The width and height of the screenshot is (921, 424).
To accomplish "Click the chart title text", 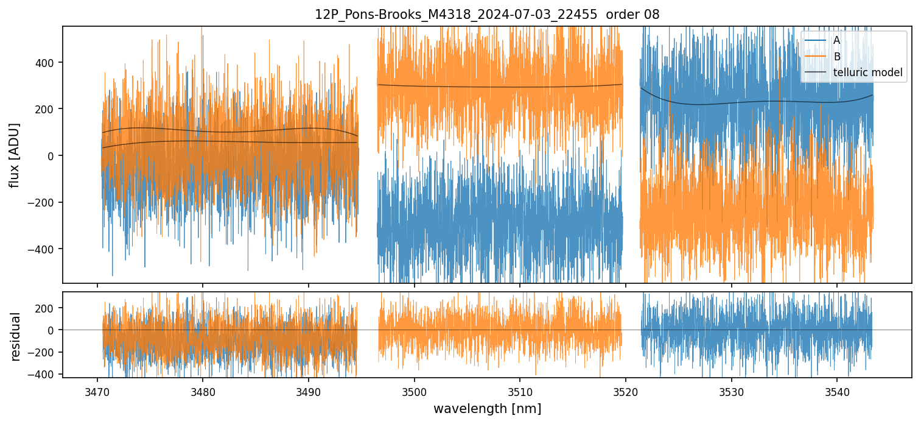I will pyautogui.click(x=486, y=15).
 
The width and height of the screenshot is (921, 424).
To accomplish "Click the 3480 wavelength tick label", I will pyautogui.click(x=203, y=390).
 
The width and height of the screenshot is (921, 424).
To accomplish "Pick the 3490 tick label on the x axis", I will pyautogui.click(x=309, y=390).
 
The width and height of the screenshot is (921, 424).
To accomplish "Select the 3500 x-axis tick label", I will pyautogui.click(x=414, y=390).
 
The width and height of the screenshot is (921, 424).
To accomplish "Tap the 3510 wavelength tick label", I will pyautogui.click(x=520, y=390).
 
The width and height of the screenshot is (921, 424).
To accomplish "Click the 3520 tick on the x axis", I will pyautogui.click(x=625, y=390).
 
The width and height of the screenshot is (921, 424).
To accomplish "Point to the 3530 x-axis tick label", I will pyautogui.click(x=731, y=390).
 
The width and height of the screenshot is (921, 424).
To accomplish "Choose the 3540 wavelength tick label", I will pyautogui.click(x=836, y=390).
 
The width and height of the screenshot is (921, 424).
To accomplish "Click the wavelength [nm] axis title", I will pyautogui.click(x=486, y=408).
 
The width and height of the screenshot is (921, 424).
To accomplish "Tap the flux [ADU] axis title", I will pyautogui.click(x=14, y=155).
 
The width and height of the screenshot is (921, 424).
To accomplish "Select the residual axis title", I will pyautogui.click(x=15, y=336).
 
